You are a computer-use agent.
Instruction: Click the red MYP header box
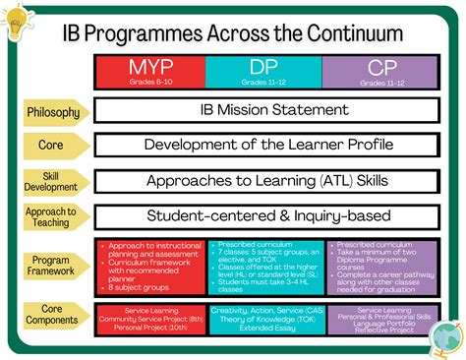(x=149, y=71)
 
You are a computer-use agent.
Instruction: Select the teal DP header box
(x=263, y=71)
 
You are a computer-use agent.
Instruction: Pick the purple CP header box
(x=379, y=71)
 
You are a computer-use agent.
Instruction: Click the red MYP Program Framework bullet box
(x=149, y=265)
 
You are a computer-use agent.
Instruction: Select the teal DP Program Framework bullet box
(x=263, y=265)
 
